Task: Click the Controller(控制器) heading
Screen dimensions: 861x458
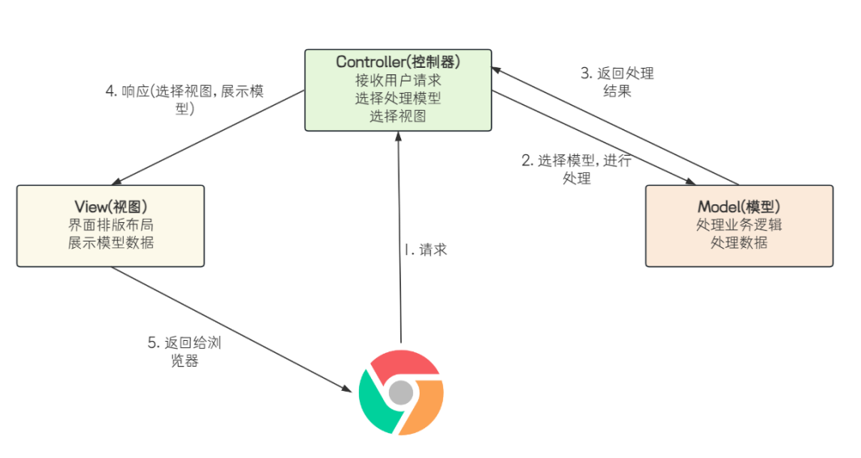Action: tap(398, 62)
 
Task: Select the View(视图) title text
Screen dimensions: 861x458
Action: tap(111, 207)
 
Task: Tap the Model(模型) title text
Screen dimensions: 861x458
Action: tap(739, 207)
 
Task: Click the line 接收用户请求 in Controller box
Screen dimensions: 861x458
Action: tap(398, 80)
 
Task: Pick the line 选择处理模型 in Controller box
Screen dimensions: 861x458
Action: tap(398, 99)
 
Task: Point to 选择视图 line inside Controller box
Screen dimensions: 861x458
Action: tap(398, 116)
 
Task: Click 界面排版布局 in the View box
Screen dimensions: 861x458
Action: tap(111, 225)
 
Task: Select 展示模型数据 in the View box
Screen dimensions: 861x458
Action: tap(111, 243)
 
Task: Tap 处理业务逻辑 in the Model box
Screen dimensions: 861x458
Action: tap(739, 225)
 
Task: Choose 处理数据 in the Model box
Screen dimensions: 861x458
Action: tap(739, 243)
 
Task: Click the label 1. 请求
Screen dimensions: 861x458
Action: tap(425, 250)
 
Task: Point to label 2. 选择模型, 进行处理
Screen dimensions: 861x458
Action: tap(576, 169)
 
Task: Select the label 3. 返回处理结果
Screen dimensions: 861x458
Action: tap(617, 82)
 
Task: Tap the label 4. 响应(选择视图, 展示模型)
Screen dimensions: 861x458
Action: tap(184, 99)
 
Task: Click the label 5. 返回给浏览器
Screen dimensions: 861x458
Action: tap(184, 351)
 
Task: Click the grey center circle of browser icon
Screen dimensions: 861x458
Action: tap(401, 393)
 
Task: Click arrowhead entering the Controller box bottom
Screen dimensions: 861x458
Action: tap(399, 136)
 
